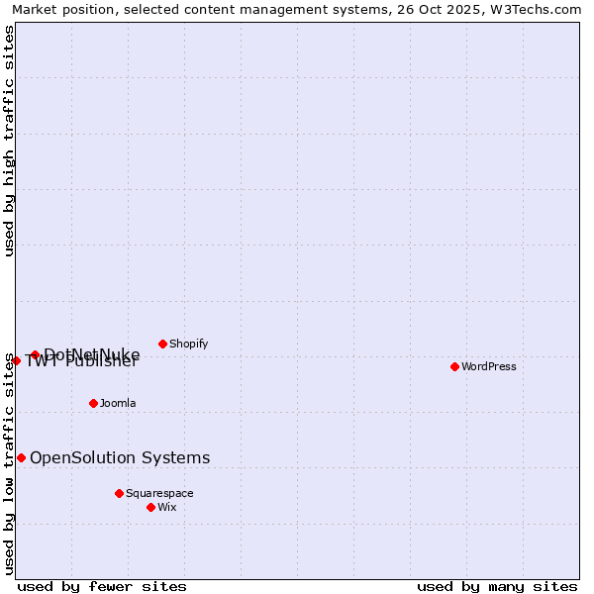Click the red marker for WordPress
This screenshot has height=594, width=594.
(454, 366)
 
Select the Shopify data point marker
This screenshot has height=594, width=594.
(162, 344)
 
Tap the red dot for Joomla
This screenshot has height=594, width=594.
(93, 403)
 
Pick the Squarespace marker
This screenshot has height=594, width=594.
(119, 493)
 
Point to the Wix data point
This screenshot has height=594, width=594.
(150, 507)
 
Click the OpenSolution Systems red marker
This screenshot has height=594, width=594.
(21, 457)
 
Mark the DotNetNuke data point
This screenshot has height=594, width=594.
(35, 354)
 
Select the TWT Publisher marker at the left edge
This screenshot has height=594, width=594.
(16, 360)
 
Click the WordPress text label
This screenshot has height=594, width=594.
(489, 366)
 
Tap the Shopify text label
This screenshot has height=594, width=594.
(188, 344)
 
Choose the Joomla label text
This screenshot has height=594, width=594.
(118, 403)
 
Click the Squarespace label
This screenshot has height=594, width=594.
(159, 493)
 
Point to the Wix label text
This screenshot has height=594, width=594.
(166, 507)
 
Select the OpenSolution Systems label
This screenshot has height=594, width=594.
(120, 457)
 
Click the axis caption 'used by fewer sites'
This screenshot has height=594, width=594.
(102, 586)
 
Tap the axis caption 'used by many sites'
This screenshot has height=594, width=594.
(497, 586)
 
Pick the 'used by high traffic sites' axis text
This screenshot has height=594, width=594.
(10, 141)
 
